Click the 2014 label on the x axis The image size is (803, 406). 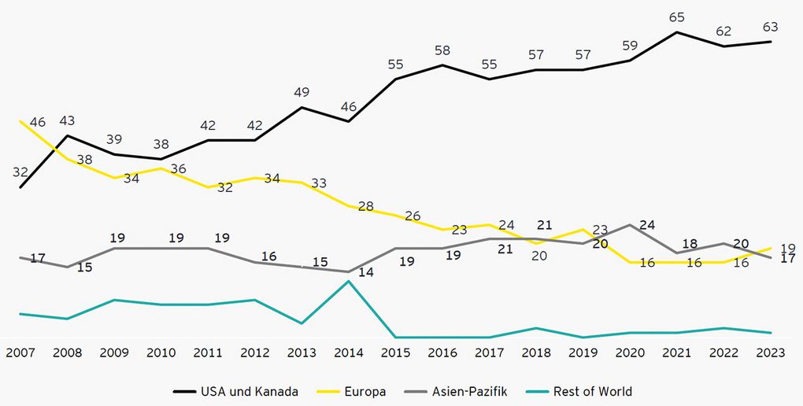(349, 353)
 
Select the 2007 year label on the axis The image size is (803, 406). (20, 353)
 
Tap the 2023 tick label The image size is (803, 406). (770, 353)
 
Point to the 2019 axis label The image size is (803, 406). (583, 353)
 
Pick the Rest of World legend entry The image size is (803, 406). (583, 391)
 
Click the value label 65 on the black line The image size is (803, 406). (676, 16)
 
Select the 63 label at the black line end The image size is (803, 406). (769, 27)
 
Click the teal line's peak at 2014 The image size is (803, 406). (349, 281)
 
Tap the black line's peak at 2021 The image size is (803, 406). (676, 32)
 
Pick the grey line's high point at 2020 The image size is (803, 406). (630, 224)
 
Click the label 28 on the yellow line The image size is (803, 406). (365, 206)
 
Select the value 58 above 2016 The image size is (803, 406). (443, 50)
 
